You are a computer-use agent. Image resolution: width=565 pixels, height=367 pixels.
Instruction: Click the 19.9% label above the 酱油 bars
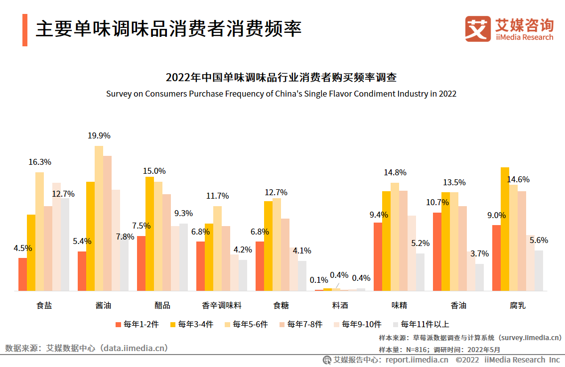(x=99, y=135)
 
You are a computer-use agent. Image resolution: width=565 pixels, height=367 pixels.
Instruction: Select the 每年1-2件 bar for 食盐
(x=22, y=274)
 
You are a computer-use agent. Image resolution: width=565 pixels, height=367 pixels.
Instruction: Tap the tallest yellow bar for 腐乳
(x=505, y=229)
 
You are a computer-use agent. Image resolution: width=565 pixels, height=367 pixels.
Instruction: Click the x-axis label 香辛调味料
(x=222, y=305)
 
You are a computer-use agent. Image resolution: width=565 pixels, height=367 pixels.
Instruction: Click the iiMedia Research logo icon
(x=478, y=29)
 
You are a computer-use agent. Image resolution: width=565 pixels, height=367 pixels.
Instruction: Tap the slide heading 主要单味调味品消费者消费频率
(x=168, y=29)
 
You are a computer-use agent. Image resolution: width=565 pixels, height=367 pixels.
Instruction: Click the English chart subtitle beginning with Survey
(x=281, y=94)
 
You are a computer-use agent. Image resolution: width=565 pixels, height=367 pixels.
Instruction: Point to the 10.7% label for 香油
(x=437, y=202)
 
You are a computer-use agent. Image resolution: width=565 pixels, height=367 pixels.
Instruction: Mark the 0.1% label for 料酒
(x=319, y=280)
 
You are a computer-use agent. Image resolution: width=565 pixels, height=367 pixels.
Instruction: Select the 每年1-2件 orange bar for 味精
(x=378, y=256)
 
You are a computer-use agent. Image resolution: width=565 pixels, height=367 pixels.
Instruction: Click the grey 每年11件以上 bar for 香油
(x=479, y=277)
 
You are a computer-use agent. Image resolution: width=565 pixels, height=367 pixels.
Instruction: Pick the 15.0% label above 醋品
(x=154, y=171)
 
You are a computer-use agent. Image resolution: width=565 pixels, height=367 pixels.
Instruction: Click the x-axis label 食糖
(x=281, y=305)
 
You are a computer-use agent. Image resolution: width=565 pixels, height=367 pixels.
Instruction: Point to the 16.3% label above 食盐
(x=40, y=162)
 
